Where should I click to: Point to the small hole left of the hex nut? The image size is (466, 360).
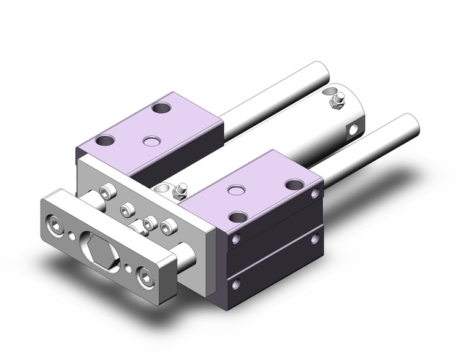[x=74, y=234]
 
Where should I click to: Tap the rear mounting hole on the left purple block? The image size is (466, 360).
[x=161, y=109]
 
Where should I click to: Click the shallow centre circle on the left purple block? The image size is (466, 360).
[x=150, y=141]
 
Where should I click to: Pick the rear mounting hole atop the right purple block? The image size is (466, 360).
[x=295, y=184]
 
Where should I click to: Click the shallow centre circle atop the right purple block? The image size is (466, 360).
[x=235, y=188]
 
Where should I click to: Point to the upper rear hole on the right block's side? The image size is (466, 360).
[x=315, y=194]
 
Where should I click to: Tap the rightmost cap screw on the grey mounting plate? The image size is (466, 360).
[x=167, y=226]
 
